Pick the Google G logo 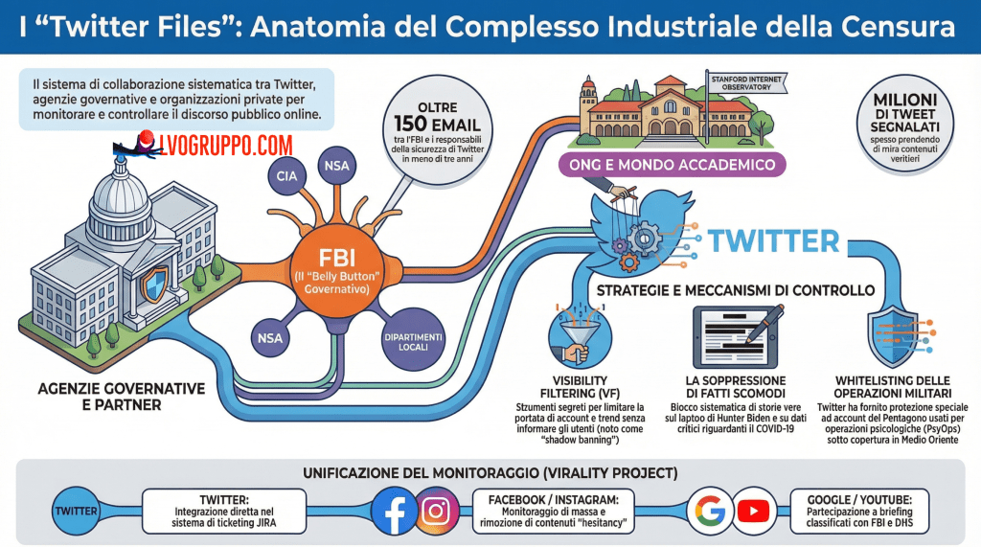tap(710, 511)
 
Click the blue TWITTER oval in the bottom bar tap(76, 511)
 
